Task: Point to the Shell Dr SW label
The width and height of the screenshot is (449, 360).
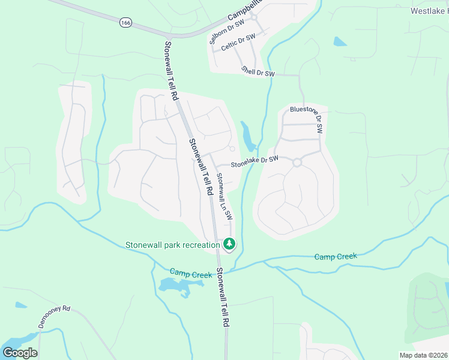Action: [258, 71]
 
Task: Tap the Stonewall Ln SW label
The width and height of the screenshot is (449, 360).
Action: [224, 196]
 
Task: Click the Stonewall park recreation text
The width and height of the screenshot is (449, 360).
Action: [172, 245]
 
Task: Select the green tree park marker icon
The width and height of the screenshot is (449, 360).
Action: [229, 244]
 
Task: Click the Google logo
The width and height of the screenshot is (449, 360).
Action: [20, 352]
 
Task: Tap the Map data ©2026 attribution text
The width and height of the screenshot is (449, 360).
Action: [423, 355]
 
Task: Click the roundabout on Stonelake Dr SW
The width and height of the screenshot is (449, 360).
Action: [297, 162]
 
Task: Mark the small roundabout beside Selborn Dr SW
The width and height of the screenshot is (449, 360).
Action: [254, 17]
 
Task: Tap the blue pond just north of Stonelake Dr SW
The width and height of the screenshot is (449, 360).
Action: [248, 137]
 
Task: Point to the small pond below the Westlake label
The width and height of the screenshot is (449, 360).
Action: [340, 42]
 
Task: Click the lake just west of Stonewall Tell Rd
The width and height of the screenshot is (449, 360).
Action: [178, 287]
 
